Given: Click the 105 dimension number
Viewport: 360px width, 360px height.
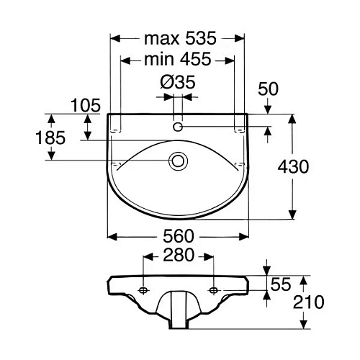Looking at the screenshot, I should [86, 106].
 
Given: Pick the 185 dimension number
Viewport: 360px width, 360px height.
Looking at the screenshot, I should [50, 137].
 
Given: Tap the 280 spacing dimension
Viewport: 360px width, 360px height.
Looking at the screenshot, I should [177, 256].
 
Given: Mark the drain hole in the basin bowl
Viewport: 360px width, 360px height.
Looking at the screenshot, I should [177, 161].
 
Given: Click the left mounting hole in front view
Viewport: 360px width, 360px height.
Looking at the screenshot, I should [143, 290].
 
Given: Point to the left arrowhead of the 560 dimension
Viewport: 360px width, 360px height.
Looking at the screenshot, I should [111, 235].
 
